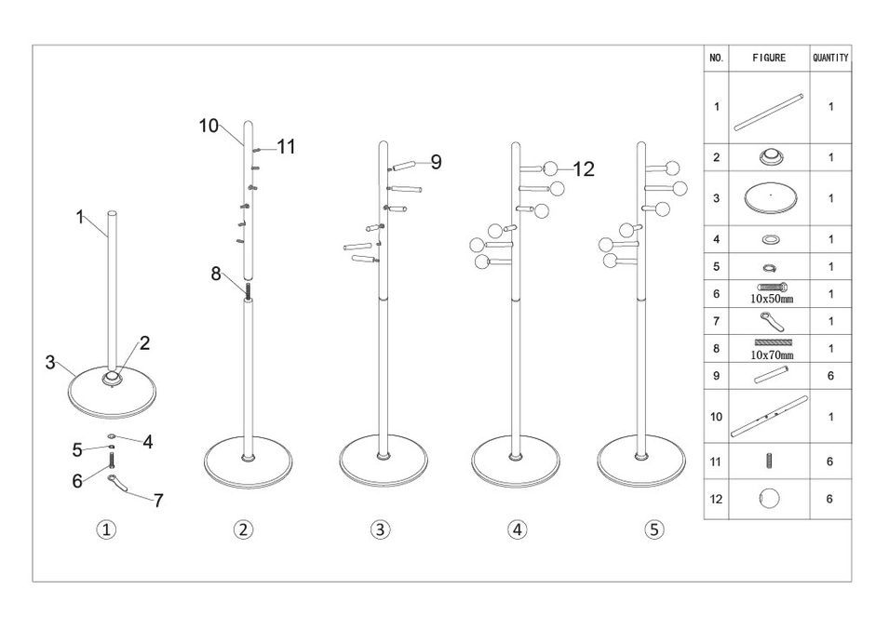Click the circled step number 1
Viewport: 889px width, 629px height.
coord(107,529)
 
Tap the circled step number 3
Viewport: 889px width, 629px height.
coord(379,529)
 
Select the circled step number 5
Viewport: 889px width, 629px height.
coord(653,529)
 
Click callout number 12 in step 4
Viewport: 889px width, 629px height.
coord(583,168)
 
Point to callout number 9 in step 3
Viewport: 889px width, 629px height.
coord(435,162)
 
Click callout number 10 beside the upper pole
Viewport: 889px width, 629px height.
coord(209,126)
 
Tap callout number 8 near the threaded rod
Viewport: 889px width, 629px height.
coord(216,274)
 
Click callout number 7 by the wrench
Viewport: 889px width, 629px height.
coord(158,500)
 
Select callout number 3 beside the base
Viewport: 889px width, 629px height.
coord(50,363)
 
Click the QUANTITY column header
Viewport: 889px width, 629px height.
coord(829,58)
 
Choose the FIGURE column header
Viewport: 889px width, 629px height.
coord(769,58)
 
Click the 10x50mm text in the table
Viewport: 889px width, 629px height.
coord(771,300)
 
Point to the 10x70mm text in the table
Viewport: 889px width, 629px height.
coord(772,355)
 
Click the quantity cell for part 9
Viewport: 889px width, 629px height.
coord(829,376)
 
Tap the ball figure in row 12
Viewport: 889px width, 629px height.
coord(770,498)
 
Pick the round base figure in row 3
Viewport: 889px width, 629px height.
coord(770,197)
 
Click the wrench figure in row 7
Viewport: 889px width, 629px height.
coord(769,320)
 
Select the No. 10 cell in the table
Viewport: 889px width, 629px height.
coord(716,416)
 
